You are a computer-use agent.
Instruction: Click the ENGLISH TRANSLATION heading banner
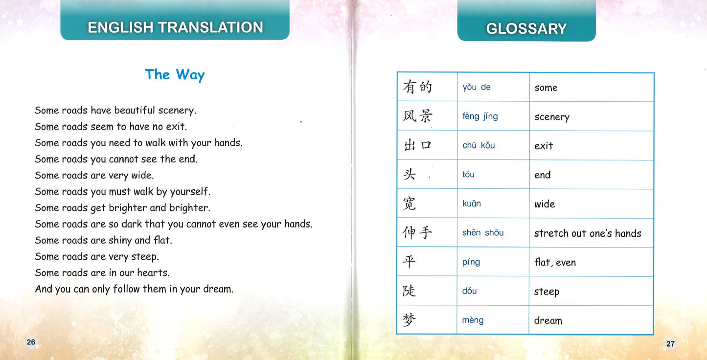pos(175,27)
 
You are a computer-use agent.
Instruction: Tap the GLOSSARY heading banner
pos(526,28)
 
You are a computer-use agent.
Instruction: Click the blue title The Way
pos(175,74)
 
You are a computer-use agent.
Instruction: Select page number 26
pos(31,342)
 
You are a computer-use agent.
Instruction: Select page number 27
pos(670,343)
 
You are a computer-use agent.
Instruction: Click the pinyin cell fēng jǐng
pos(480,116)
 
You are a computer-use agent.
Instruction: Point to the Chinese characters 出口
pos(417,145)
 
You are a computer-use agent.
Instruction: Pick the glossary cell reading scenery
pos(552,117)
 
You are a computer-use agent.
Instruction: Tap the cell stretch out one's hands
pos(587,233)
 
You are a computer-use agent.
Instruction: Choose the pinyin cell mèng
pos(473,320)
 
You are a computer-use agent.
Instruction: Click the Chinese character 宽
pos(410,203)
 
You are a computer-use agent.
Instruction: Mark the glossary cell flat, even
pos(555,262)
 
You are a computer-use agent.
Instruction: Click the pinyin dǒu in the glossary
pos(469,291)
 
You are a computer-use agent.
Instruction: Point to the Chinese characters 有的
pos(417,87)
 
